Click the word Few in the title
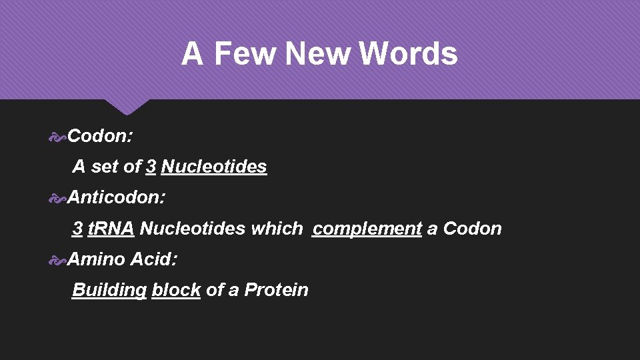(x=245, y=54)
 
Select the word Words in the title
(x=408, y=54)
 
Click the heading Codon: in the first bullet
(x=100, y=137)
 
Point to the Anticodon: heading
(x=117, y=197)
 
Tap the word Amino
(x=96, y=259)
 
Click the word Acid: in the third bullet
(x=154, y=259)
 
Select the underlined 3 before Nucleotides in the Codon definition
(x=151, y=167)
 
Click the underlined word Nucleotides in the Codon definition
(x=214, y=167)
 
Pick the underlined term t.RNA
(x=111, y=229)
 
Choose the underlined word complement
(x=367, y=229)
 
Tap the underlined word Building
(x=109, y=290)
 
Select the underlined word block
(x=176, y=290)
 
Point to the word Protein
(x=276, y=290)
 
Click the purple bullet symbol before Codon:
(x=58, y=137)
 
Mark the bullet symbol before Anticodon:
(x=58, y=198)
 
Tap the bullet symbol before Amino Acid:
(x=58, y=259)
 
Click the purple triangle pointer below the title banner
(x=127, y=107)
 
